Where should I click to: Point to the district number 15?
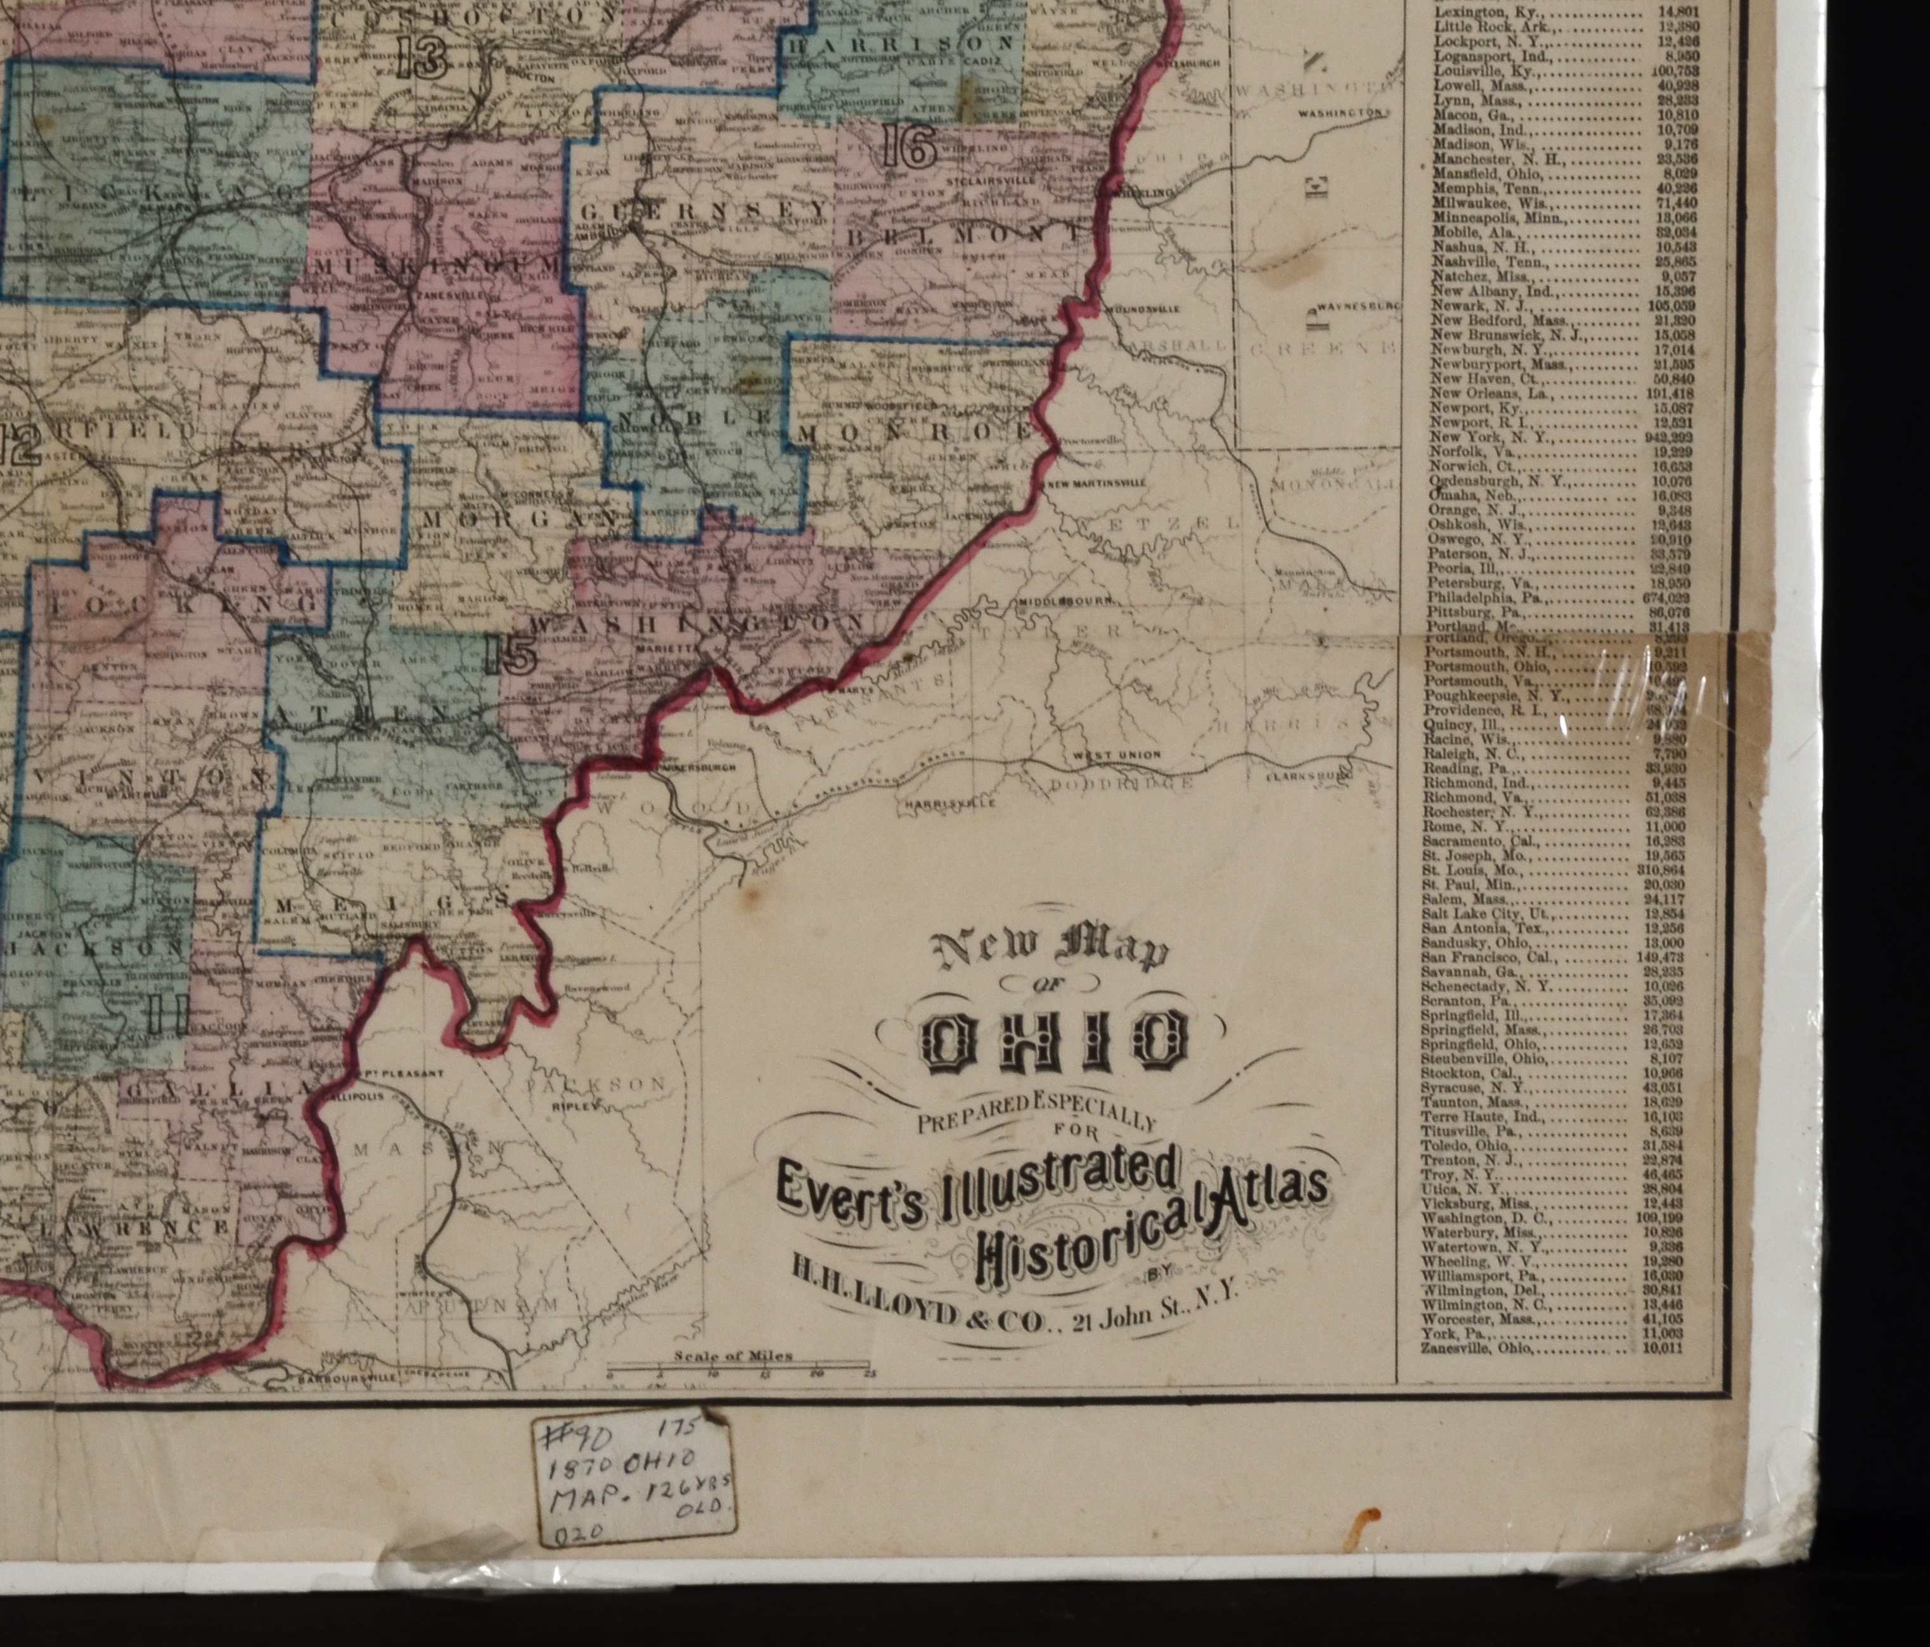pyautogui.click(x=510, y=656)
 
